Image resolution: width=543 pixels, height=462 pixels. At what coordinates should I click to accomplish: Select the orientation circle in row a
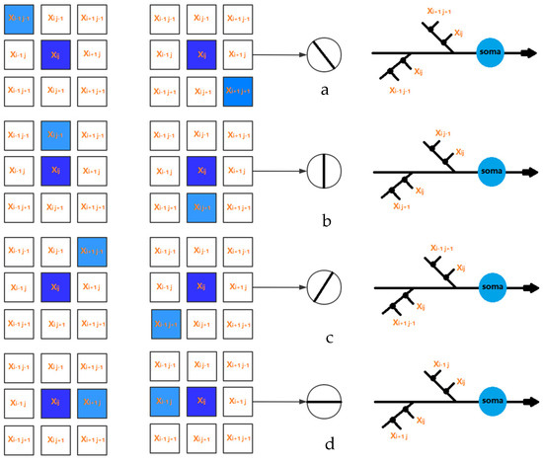pos(323,53)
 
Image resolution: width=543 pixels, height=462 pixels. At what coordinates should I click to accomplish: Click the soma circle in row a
pos(489,51)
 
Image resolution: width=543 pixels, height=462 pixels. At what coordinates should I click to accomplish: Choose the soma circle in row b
pos(489,170)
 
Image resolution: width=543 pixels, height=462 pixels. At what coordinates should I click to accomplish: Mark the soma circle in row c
pos(489,286)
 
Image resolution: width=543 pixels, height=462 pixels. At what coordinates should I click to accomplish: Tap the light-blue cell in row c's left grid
pos(93,251)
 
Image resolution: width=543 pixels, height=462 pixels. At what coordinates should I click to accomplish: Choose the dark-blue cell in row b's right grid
pos(201,170)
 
